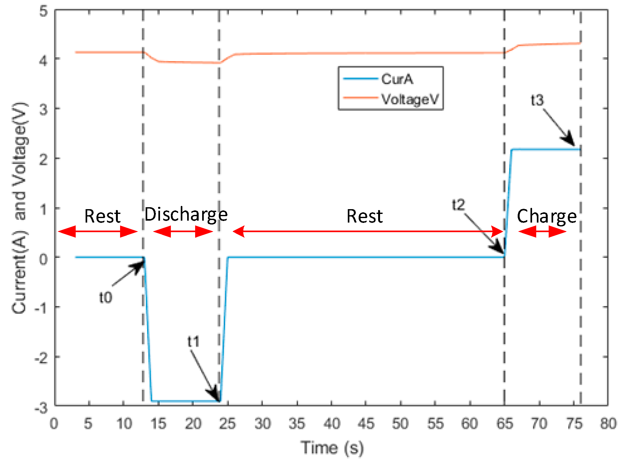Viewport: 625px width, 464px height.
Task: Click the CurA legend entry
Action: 397,79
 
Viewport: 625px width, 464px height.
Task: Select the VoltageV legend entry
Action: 410,99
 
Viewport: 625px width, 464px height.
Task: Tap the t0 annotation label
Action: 105,298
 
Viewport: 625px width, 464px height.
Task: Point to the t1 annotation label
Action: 193,342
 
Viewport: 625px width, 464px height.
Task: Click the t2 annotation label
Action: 458,205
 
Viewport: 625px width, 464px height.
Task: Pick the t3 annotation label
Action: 537,100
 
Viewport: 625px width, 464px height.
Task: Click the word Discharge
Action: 186,215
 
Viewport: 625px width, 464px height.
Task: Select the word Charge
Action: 547,216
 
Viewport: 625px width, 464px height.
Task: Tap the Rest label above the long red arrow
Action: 364,216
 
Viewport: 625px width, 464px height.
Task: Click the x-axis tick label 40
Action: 332,424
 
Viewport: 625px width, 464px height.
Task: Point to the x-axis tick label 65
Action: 505,424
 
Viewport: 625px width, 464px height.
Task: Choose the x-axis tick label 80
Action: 608,424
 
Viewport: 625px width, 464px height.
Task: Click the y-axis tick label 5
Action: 43,12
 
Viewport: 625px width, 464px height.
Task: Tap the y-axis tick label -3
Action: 41,408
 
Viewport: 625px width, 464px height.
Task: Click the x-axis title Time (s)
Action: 332,448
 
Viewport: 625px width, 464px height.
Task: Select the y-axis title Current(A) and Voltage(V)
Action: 20,208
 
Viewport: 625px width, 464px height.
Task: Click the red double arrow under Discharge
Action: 183,232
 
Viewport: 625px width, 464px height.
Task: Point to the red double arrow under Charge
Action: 542,232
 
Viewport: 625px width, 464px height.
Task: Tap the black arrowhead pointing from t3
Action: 568,141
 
